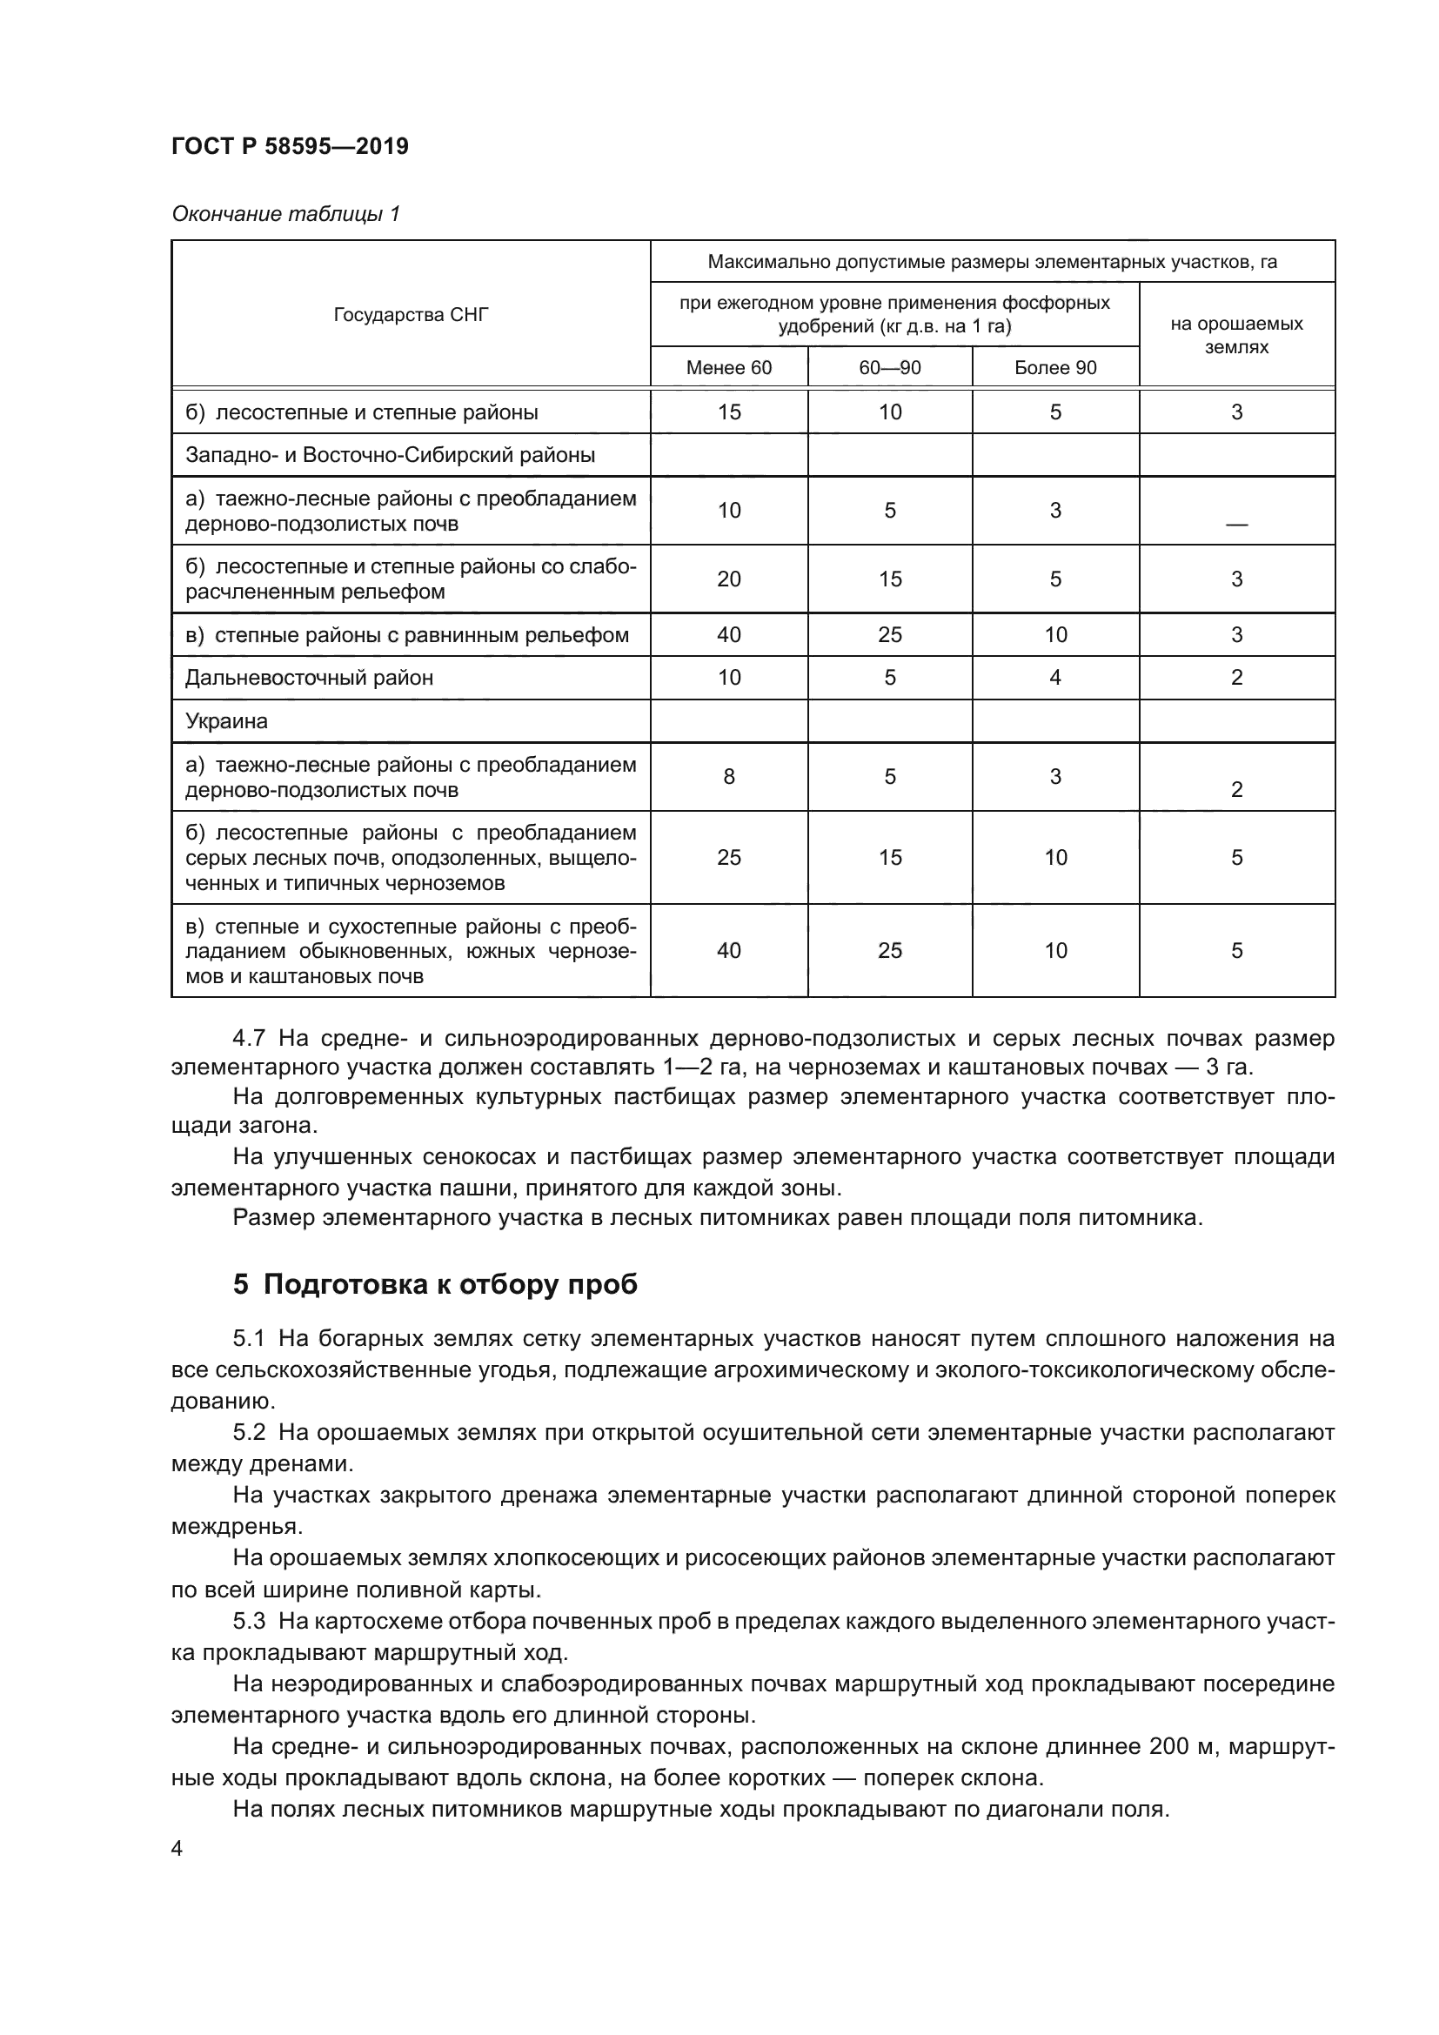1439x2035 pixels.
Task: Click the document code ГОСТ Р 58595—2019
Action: (x=290, y=146)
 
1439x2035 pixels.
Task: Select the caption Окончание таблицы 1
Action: (x=285, y=214)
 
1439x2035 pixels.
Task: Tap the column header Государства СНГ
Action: (x=411, y=315)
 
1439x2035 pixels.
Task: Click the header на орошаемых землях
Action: (x=1236, y=335)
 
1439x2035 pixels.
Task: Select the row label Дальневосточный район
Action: (x=309, y=678)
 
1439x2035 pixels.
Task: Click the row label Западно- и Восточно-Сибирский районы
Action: (x=390, y=456)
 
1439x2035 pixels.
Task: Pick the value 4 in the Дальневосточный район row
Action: (x=1054, y=678)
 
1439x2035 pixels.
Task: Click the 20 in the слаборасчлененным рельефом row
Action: (x=728, y=579)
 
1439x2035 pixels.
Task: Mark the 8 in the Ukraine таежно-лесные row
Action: (x=728, y=777)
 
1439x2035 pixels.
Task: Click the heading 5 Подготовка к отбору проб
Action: (x=435, y=1284)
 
